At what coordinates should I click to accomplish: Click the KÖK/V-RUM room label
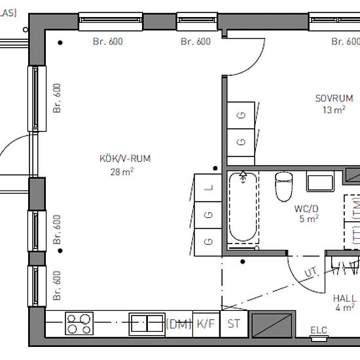(x=125, y=158)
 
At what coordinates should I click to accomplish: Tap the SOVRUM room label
(x=334, y=98)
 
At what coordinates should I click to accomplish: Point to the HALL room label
(x=344, y=298)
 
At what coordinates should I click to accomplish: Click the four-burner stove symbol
(x=79, y=323)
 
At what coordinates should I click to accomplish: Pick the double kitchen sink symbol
(x=147, y=324)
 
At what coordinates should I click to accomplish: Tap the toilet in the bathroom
(x=284, y=187)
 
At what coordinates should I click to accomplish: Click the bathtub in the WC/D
(x=243, y=207)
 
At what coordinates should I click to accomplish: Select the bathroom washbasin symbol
(x=320, y=181)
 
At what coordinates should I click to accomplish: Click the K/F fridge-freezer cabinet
(x=206, y=324)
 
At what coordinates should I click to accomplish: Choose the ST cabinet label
(x=234, y=324)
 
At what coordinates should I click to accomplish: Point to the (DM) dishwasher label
(x=179, y=324)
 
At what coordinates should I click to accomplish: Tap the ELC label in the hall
(x=319, y=330)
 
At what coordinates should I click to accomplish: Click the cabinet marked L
(x=208, y=188)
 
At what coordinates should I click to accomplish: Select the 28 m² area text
(x=122, y=171)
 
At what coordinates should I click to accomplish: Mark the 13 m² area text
(x=334, y=110)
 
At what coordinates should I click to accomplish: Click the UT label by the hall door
(x=311, y=272)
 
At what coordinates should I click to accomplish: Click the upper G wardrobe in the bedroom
(x=241, y=115)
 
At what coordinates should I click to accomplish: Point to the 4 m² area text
(x=345, y=308)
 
